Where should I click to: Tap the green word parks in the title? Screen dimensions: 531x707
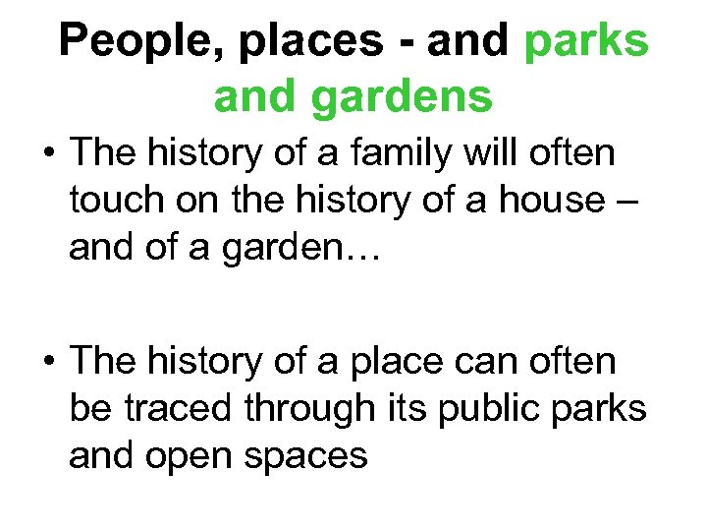click(x=587, y=42)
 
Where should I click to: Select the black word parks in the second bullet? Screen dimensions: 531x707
click(x=606, y=408)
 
